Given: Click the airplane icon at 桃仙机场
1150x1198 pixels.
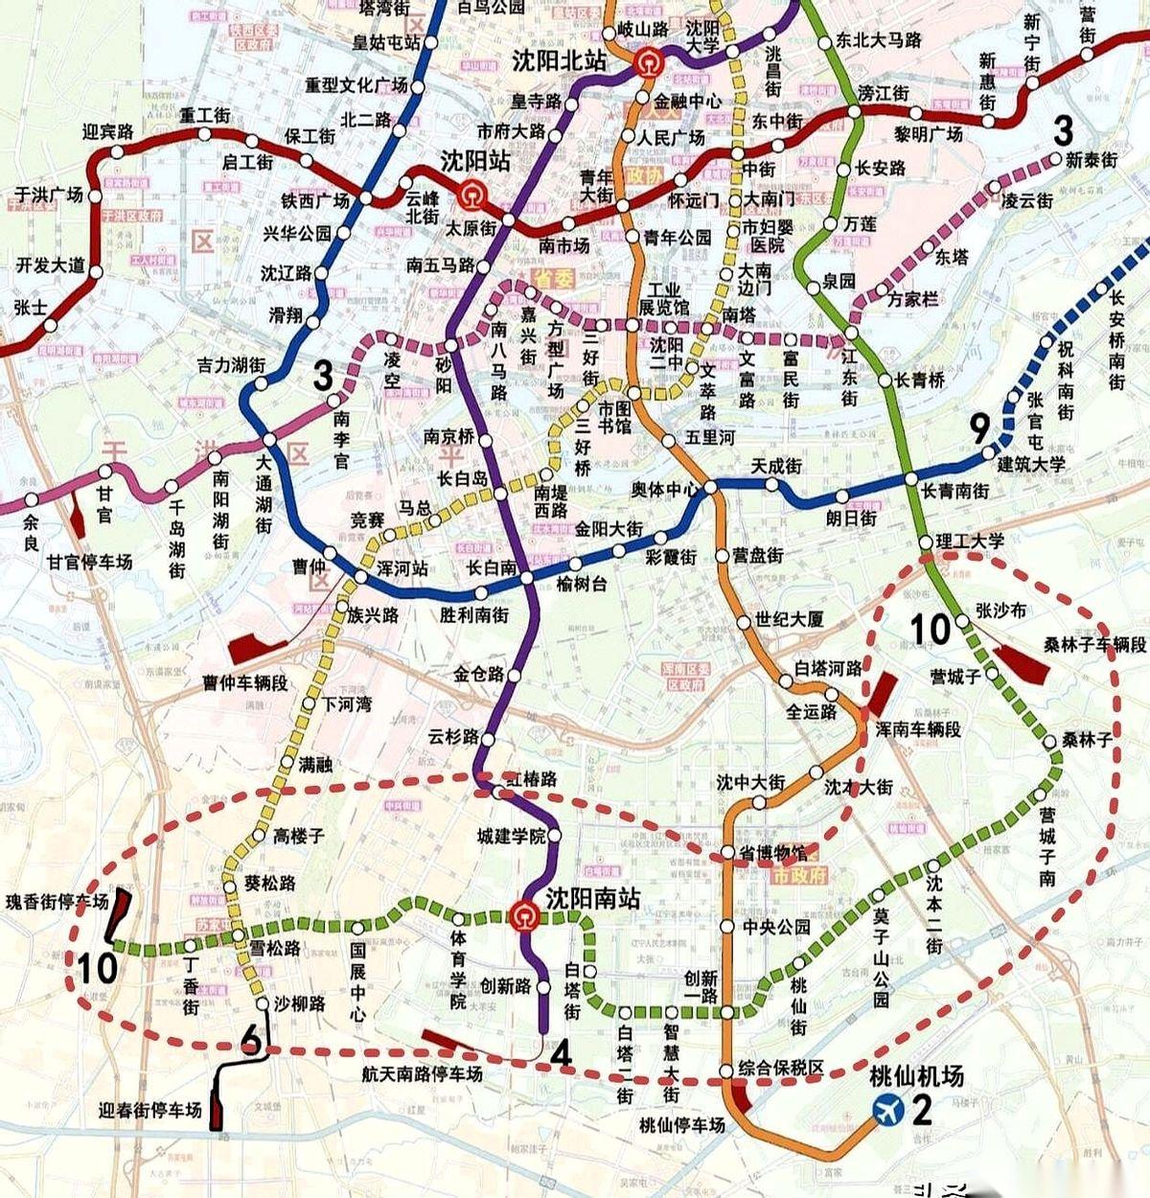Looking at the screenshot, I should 888,1110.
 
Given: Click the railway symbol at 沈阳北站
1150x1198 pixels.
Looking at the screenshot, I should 647,63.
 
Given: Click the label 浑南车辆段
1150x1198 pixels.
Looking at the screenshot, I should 917,729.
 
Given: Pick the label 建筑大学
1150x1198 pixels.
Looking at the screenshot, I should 1031,465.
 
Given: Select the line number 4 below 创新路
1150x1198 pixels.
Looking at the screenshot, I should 561,1054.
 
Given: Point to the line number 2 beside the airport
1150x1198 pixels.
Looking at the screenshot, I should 922,1111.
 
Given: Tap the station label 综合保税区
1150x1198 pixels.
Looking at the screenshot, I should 782,1068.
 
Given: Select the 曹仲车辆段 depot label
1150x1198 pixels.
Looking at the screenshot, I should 244,683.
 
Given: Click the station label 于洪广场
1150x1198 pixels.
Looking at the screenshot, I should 49,196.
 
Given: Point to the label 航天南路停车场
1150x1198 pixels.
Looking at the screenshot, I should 422,1074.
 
